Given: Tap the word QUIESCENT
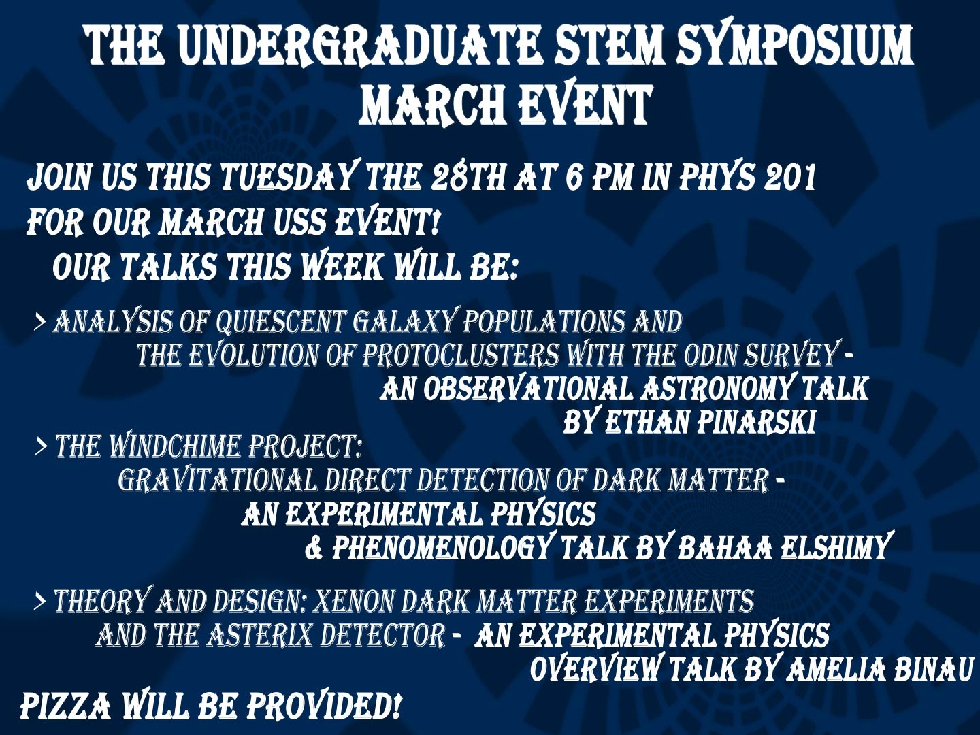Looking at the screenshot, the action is pyautogui.click(x=280, y=322).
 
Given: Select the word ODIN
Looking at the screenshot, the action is pyautogui.click(x=712, y=356).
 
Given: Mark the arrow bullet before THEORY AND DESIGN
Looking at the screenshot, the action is pyautogui.click(x=40, y=602).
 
